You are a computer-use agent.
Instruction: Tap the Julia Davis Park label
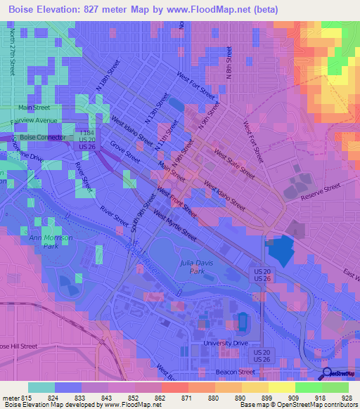pos(192,266)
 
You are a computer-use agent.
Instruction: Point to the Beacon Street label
pos(236,372)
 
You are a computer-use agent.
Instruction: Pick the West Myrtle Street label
pos(174,227)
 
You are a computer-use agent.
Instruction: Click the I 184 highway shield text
pos(87,132)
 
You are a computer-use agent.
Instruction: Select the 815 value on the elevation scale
pos(26,397)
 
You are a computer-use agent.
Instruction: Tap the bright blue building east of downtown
pos(281,249)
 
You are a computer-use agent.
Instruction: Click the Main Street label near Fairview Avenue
pos(34,108)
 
